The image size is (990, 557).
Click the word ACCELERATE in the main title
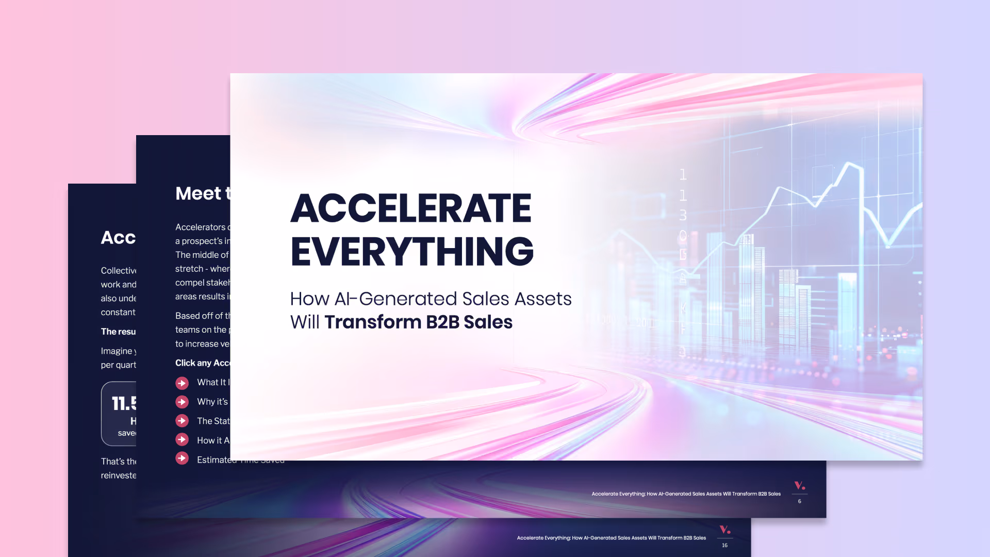(x=411, y=208)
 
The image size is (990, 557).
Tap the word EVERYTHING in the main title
(x=412, y=251)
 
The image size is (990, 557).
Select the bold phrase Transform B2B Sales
(x=418, y=322)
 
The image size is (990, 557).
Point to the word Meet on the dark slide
(x=198, y=193)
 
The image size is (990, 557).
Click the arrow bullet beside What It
(x=182, y=383)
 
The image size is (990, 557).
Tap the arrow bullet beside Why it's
(x=182, y=402)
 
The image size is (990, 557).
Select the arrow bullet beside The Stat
(x=182, y=421)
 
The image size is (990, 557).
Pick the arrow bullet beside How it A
(x=182, y=439)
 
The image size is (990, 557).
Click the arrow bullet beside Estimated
(x=182, y=458)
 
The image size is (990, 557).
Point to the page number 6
(x=800, y=501)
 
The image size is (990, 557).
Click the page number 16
(x=724, y=545)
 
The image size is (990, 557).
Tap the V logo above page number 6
(x=799, y=485)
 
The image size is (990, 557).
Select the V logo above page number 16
(x=724, y=529)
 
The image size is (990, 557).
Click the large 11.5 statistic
(x=124, y=403)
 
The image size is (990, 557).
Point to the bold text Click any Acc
(x=203, y=363)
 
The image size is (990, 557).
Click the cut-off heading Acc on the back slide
(x=118, y=238)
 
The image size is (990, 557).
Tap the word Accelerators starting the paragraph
(x=200, y=227)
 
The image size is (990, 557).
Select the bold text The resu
(x=118, y=332)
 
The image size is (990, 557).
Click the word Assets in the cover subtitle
(x=543, y=299)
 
